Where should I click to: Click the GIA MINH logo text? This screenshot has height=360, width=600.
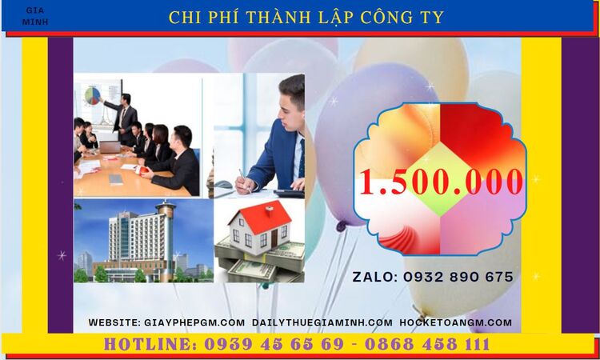pyautogui.click(x=36, y=16)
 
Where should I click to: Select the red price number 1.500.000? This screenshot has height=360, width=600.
pyautogui.click(x=441, y=182)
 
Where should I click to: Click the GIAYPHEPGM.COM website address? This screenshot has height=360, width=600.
pyautogui.click(x=194, y=322)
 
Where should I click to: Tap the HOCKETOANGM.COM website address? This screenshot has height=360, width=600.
pyautogui.click(x=455, y=322)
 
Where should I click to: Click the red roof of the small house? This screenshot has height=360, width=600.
pyautogui.click(x=260, y=214)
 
